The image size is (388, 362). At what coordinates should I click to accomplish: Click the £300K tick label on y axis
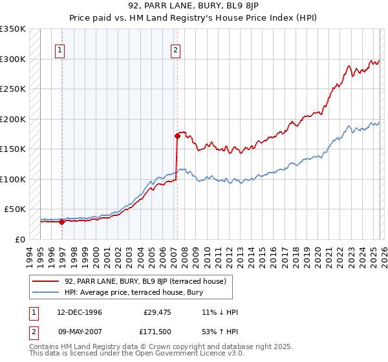pos(13,59)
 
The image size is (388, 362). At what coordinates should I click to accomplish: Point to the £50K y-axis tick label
pos(15,209)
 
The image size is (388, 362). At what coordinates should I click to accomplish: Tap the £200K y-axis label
pos(13,119)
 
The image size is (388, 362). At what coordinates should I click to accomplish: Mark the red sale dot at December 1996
pos(62,222)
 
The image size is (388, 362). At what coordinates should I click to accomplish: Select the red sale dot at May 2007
pos(177,136)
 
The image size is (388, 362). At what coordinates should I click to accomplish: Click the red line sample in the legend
pos(46,281)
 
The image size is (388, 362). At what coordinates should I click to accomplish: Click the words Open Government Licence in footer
pos(187,354)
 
